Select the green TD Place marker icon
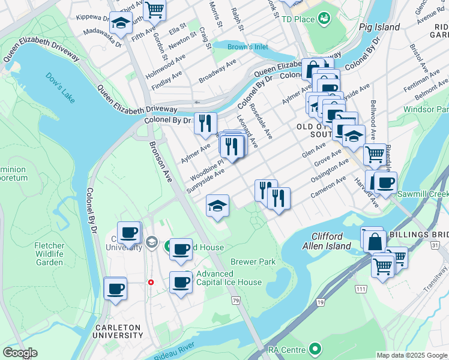coord(325,18)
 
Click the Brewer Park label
coord(253,262)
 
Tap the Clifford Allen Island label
coord(339,241)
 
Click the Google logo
coord(20,353)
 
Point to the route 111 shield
coord(361,289)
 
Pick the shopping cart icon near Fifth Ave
coord(155,9)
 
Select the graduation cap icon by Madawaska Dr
coord(121,23)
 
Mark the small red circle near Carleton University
coord(151,282)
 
